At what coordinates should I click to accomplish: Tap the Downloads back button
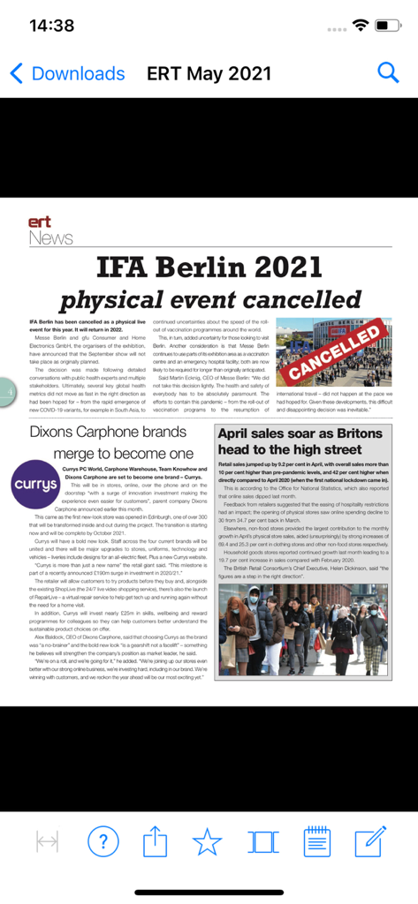pos(67,73)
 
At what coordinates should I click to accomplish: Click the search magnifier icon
pos(388,72)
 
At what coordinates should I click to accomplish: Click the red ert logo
pos(40,222)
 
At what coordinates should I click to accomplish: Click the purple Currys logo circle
pos(35,485)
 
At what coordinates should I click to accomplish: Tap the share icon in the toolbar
pos(155,840)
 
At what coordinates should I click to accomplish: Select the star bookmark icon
pos(208,841)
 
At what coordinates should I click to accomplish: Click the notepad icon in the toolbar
pos(316,840)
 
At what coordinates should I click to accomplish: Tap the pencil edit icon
pos(370,840)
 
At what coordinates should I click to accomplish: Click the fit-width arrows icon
pos(47,841)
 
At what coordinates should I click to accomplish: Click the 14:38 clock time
pos(51,26)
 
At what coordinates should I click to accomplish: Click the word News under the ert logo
pos(50,238)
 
